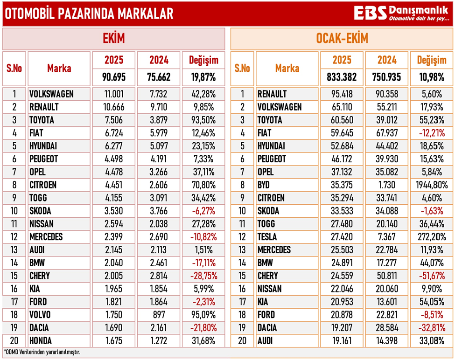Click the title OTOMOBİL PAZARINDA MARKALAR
click(89, 14)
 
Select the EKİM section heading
click(114, 39)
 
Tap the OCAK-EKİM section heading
click(342, 39)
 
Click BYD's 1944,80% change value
click(432, 185)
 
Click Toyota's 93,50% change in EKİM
click(203, 120)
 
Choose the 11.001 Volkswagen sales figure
click(114, 94)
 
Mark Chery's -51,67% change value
click(432, 276)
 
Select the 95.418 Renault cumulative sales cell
click(342, 94)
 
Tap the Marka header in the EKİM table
click(59, 69)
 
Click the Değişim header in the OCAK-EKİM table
click(432, 60)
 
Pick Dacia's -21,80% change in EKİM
click(203, 328)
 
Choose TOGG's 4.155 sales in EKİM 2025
click(114, 198)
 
